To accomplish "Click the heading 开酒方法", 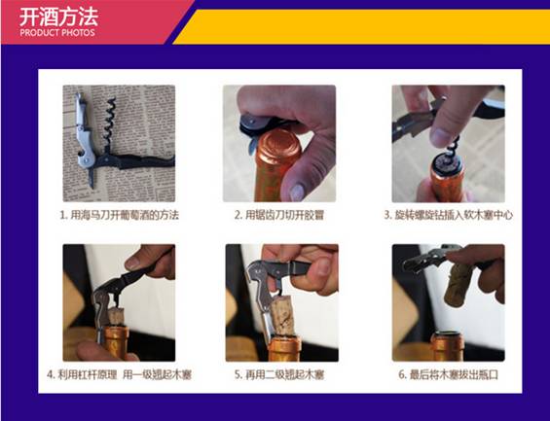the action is click(58, 17).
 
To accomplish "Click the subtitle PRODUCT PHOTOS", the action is click(57, 33).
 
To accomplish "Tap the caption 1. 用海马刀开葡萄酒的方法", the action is click(120, 215).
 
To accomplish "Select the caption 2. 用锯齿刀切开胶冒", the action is click(279, 215).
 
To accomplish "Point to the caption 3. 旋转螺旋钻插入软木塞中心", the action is click(449, 215).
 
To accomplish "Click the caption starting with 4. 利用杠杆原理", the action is click(119, 374).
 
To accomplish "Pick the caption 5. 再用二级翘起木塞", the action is click(279, 374).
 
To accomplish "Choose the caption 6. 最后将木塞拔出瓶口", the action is click(449, 374).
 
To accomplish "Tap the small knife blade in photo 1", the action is click(92, 178).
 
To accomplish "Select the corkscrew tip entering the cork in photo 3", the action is click(452, 155).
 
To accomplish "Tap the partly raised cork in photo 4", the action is click(115, 315).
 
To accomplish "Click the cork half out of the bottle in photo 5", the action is click(283, 315).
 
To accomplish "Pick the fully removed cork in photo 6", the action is click(458, 284).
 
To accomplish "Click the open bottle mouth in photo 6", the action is click(448, 333).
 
